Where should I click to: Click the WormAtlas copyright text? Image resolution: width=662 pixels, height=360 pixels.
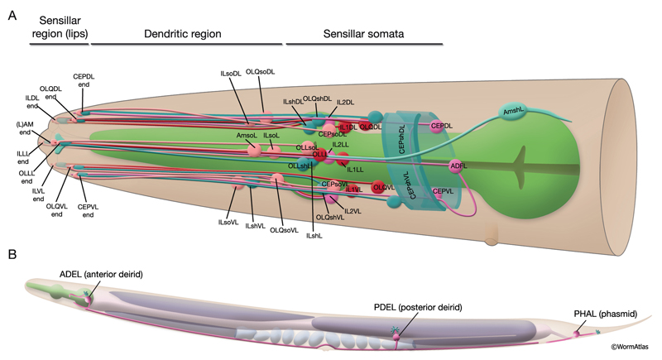635,353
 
